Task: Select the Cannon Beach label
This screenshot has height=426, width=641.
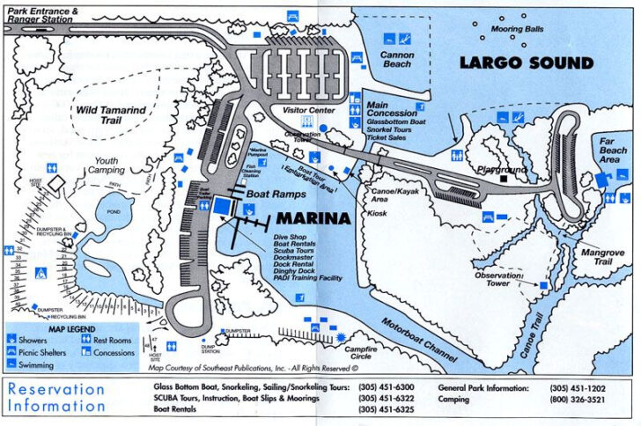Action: pos(396,59)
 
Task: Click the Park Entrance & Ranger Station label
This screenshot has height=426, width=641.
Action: pos(44,13)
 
